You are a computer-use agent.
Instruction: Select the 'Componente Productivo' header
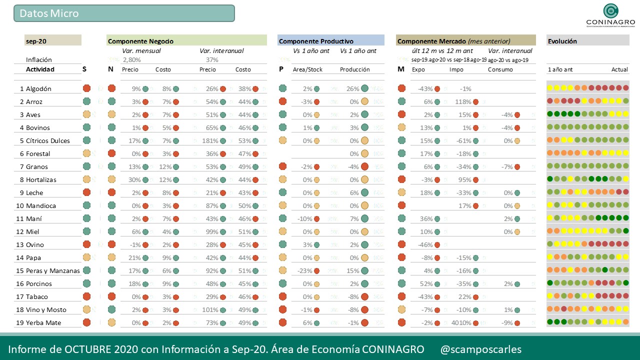tap(316, 41)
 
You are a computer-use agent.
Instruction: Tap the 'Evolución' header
tap(562, 41)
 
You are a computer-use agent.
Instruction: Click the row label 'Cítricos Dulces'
tap(48, 141)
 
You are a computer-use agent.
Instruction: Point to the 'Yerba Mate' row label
tap(43, 323)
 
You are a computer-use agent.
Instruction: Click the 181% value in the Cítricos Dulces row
tap(210, 141)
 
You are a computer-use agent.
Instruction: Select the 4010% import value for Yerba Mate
tap(461, 323)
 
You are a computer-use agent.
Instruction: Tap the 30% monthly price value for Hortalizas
tap(135, 180)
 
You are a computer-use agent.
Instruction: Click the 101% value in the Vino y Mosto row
tap(210, 310)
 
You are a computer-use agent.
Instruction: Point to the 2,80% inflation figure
tap(132, 60)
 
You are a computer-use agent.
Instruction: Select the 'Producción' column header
tap(354, 69)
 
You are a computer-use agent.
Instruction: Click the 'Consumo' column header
tap(500, 69)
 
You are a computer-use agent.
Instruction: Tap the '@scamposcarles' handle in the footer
tap(480, 349)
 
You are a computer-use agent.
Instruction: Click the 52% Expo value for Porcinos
tap(426, 284)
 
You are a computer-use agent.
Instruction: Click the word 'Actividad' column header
tap(40, 69)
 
